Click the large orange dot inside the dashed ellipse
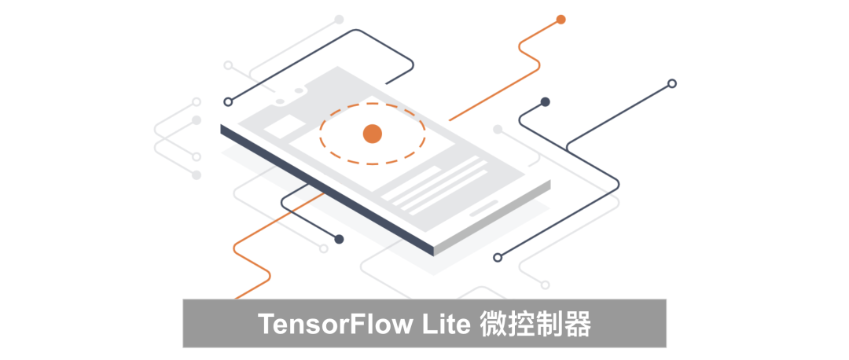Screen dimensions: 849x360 pos(372,134)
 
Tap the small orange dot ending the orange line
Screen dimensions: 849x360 pos(560,20)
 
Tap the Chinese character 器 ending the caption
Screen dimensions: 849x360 pos(578,324)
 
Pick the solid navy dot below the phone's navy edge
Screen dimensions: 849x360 pos(339,239)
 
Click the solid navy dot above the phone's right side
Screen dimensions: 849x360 pos(545,102)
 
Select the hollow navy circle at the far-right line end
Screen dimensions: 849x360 pos(671,83)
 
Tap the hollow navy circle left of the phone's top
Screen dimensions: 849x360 pos(228,101)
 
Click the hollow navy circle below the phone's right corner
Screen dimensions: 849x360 pos(497,257)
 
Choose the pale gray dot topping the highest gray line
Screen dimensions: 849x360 pos(339,19)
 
